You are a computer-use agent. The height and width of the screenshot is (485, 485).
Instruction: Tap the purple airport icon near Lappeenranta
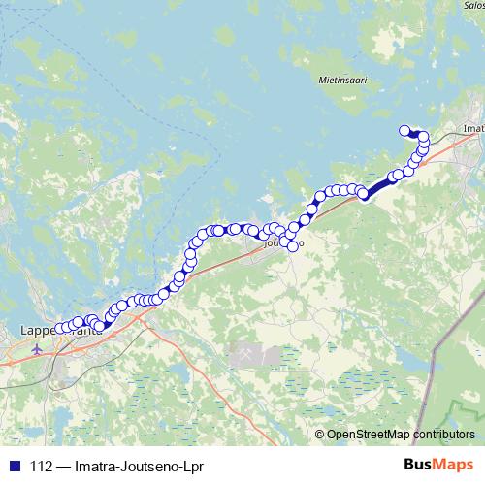click(x=38, y=348)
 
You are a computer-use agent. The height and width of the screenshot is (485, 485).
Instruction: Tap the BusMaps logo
click(x=436, y=463)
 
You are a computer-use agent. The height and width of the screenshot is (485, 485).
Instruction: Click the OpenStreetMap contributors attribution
click(x=400, y=434)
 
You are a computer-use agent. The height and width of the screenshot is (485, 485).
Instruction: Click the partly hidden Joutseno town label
click(x=282, y=243)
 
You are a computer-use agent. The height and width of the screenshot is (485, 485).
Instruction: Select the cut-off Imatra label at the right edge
click(x=473, y=127)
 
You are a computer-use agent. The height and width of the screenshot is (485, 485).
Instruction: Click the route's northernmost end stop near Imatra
click(x=404, y=130)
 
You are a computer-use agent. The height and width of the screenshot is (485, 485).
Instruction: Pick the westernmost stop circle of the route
click(x=59, y=328)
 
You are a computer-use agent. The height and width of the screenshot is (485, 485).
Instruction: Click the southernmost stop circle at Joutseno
click(x=292, y=246)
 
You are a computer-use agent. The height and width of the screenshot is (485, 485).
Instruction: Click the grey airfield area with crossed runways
click(x=245, y=357)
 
